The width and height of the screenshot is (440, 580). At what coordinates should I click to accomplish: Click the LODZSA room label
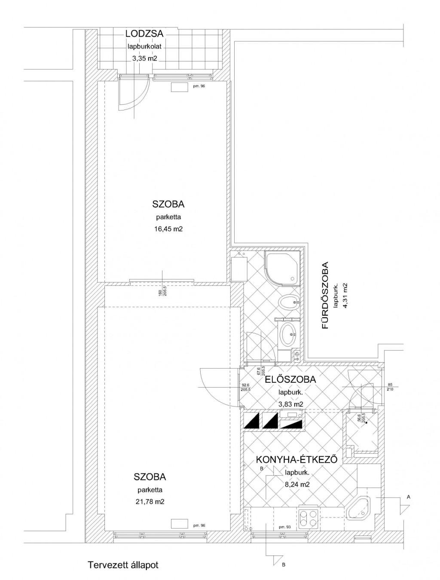[144, 34]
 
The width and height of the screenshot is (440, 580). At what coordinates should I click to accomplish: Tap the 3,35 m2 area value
[144, 58]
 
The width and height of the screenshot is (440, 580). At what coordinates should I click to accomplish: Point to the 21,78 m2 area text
[150, 501]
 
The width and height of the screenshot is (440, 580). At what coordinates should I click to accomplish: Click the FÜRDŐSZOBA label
[325, 295]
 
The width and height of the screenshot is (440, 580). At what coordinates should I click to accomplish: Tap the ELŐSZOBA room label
[290, 379]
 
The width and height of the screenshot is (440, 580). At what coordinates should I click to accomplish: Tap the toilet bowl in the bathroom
[289, 301]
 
